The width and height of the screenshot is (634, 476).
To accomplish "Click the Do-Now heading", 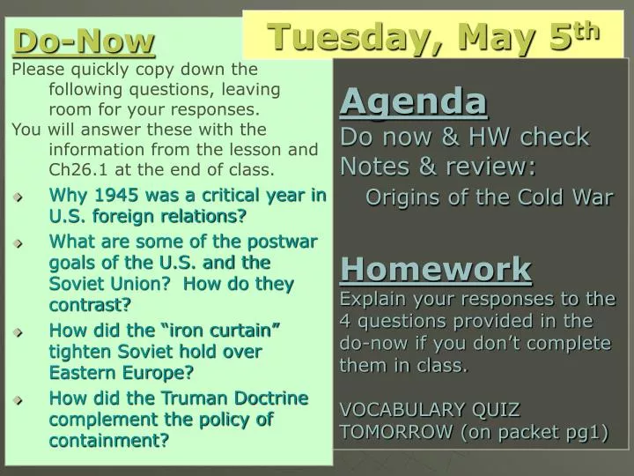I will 85,40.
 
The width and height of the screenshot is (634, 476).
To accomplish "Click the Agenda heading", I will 413,102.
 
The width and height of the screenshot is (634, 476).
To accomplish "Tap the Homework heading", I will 436,268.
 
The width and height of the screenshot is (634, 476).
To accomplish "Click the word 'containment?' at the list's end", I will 109,440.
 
